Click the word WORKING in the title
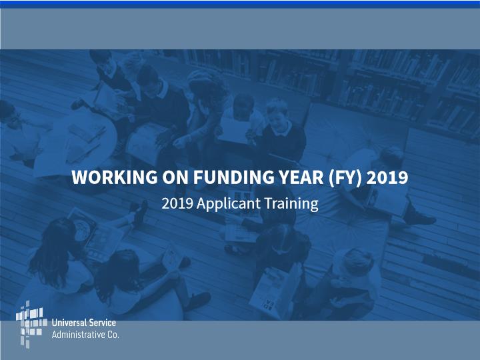click(x=115, y=177)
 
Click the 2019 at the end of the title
click(x=387, y=177)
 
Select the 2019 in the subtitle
click(x=177, y=203)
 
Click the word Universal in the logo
click(x=67, y=323)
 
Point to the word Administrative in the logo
click(x=78, y=335)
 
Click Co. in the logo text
click(x=113, y=335)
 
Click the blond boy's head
click(x=277, y=110)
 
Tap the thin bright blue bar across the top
click(x=240, y=4)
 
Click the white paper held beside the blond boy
click(x=234, y=130)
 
